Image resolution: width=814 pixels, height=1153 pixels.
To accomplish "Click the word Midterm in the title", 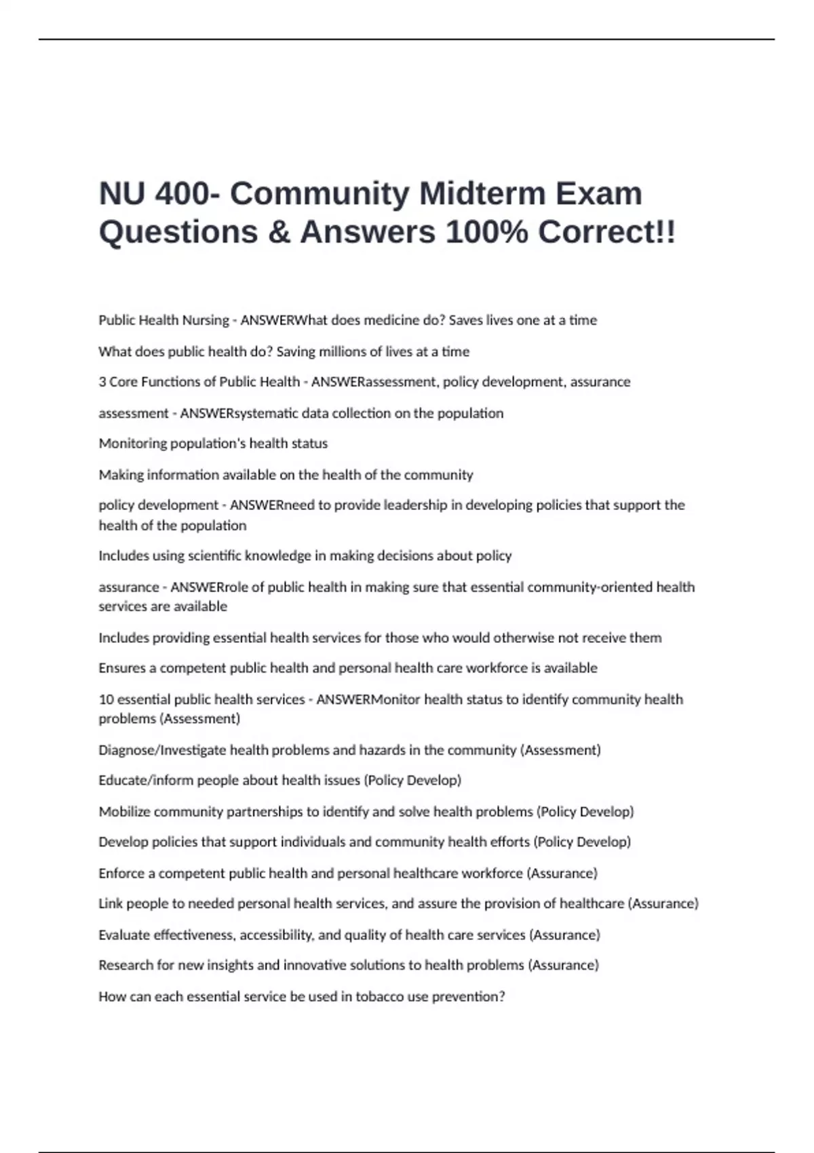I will point(482,193).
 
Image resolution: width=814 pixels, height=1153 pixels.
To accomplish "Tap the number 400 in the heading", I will point(182,193).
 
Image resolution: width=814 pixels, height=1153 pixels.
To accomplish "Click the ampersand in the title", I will point(278,232).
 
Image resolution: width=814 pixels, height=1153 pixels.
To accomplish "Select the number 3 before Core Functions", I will point(102,382).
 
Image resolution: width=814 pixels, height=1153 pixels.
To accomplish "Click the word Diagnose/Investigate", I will point(163,750).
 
